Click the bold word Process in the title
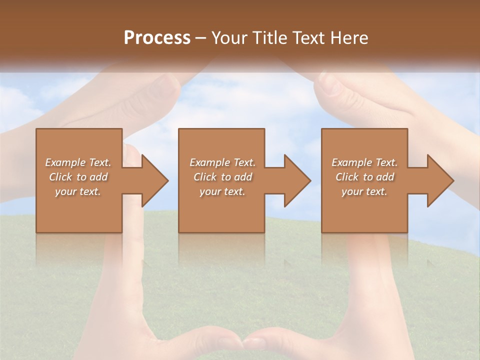157,37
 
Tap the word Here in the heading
348,37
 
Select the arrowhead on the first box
153,180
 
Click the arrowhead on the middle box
295,180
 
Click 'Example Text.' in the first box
78,162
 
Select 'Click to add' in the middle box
222,177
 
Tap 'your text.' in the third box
364,191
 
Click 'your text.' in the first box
78,191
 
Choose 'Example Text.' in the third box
364,162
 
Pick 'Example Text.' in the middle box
222,162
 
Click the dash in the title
200,38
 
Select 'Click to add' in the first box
78,177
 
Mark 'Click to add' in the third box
364,177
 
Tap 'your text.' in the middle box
222,191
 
